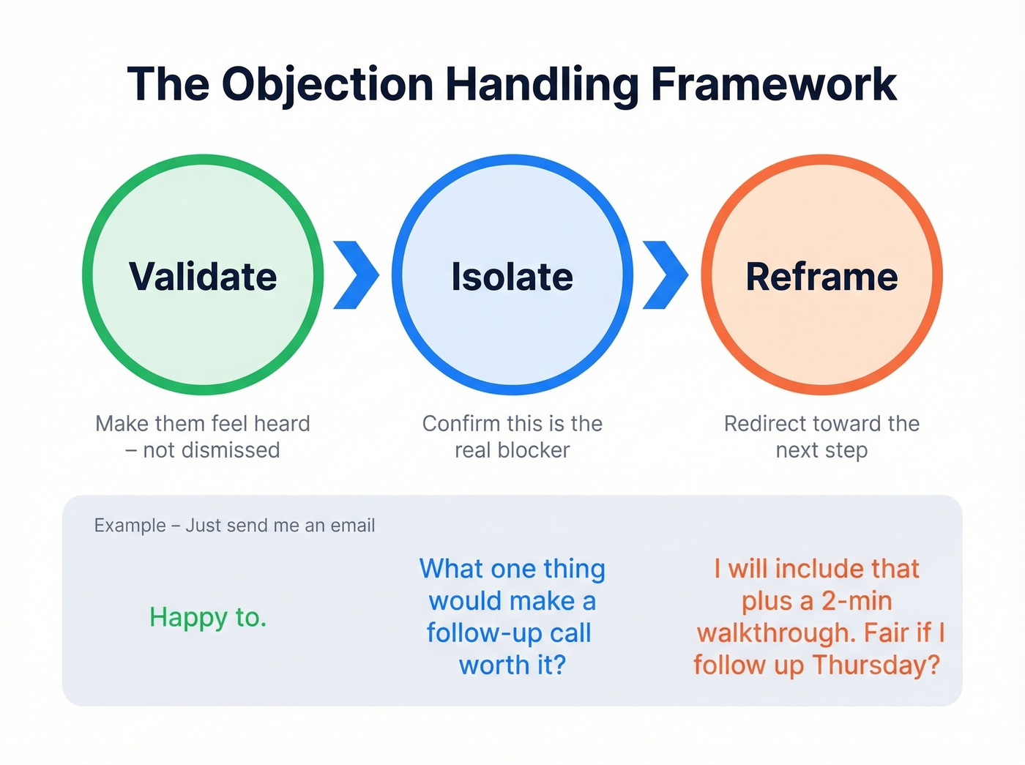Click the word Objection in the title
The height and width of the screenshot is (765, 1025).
[327, 84]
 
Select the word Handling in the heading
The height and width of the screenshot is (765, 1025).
[542, 84]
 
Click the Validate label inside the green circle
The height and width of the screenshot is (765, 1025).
[203, 277]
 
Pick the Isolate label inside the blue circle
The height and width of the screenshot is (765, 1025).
[512, 277]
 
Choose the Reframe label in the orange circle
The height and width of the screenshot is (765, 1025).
[821, 277]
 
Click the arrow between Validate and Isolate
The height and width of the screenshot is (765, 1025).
[357, 275]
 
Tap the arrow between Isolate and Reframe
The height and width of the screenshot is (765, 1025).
[666, 275]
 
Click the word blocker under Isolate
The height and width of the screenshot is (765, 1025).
[533, 450]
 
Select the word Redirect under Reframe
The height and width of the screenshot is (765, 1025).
[758, 424]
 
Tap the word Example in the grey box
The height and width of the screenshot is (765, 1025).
[130, 526]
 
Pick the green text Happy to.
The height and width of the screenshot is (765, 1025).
[208, 618]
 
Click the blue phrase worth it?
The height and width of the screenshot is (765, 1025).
[512, 665]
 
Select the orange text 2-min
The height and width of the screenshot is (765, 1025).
[856, 601]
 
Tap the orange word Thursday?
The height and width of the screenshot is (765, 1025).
[876, 665]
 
